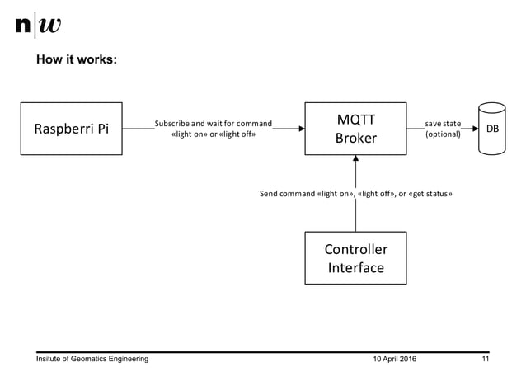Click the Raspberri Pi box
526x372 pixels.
(x=71, y=129)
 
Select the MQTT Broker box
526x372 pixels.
(x=355, y=129)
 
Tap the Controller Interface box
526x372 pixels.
(x=355, y=258)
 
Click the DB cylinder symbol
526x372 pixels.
(x=491, y=129)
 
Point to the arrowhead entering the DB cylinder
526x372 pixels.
(x=475, y=129)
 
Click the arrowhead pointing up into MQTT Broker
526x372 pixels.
(x=355, y=160)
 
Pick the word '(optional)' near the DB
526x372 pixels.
(x=443, y=134)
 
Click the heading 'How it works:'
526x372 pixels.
(x=81, y=60)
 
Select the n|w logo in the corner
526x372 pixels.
(x=38, y=26)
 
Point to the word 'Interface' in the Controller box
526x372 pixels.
(x=355, y=268)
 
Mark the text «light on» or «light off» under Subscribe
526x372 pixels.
(x=213, y=134)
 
